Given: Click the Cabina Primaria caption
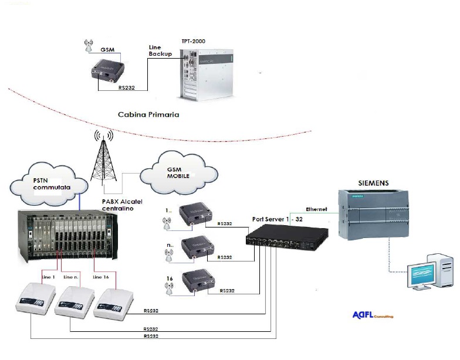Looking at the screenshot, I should (148, 115).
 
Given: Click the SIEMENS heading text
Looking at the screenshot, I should (373, 183).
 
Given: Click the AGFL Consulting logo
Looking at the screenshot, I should (372, 314).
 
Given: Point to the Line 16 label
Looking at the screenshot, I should (102, 276).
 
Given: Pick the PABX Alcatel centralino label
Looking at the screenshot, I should (116, 204).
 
